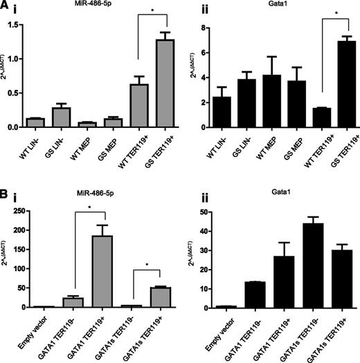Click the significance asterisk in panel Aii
[336, 12]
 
